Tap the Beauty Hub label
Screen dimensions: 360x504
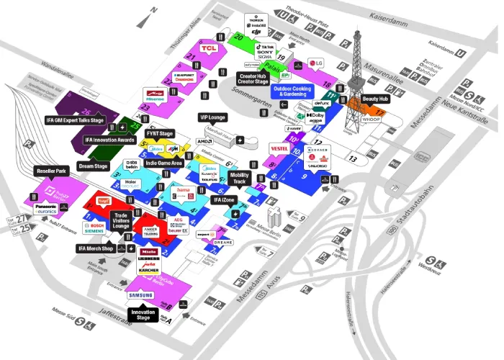tap(375, 99)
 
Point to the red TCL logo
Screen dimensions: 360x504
tap(210, 48)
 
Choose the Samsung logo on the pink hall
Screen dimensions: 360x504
tap(141, 295)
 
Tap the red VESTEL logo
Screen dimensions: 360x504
tap(279, 148)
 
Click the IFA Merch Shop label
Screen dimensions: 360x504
tap(96, 248)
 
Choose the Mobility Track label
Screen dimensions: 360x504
tap(240, 179)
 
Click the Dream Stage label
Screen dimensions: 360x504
tap(93, 166)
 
